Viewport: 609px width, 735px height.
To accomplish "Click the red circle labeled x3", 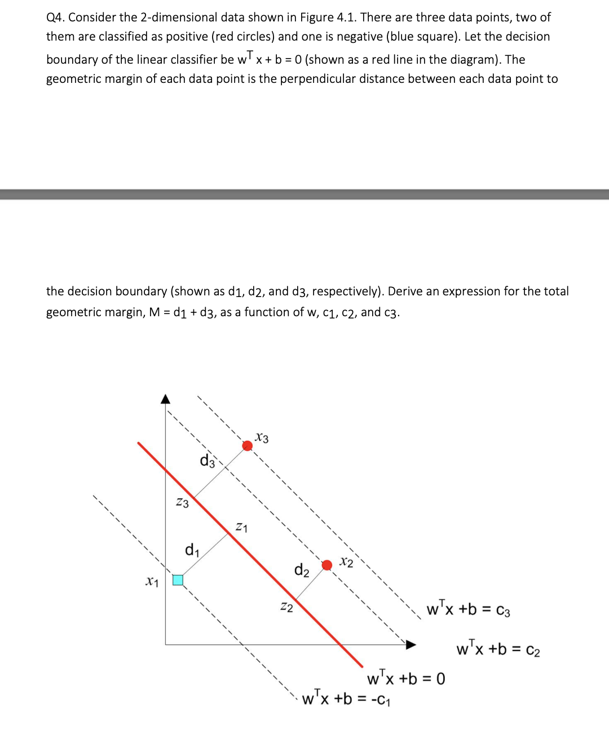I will (247, 446).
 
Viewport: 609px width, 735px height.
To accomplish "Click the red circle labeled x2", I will (326, 565).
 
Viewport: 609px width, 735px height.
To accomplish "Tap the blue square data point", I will (178, 580).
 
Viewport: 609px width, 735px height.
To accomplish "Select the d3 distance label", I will (208, 461).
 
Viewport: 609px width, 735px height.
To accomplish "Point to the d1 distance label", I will (192, 549).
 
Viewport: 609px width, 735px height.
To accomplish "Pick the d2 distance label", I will (302, 570).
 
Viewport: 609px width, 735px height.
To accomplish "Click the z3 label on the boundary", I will (182, 502).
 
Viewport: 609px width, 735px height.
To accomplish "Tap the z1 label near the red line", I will (241, 528).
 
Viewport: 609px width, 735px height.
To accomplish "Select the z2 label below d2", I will (286, 607).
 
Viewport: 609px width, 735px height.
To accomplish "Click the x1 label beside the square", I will (152, 581).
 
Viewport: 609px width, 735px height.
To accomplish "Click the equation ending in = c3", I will (468, 609).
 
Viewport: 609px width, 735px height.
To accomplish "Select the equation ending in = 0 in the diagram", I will (405, 678).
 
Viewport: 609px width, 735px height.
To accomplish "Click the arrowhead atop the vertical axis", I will (165, 399).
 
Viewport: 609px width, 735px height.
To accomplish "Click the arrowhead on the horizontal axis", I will (411, 644).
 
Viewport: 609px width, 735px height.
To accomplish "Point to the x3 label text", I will (262, 438).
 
